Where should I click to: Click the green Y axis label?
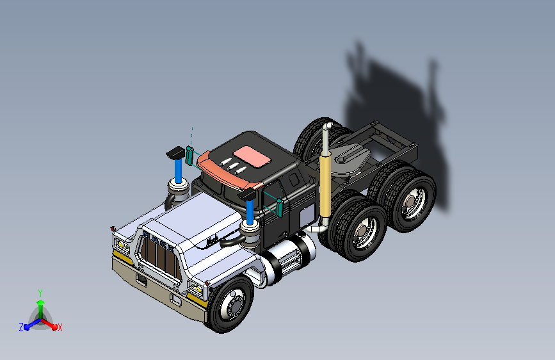(40, 293)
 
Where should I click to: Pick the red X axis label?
(60, 327)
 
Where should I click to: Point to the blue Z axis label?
(21, 327)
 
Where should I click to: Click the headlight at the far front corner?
(120, 244)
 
